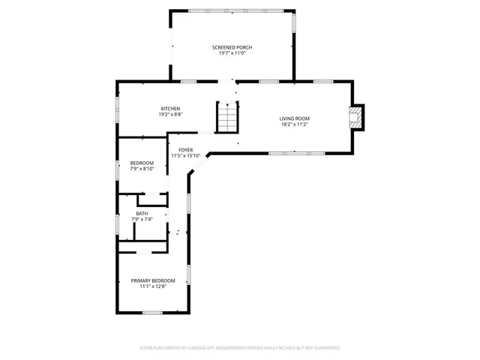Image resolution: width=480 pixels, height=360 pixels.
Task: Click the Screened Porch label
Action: [x=232, y=47]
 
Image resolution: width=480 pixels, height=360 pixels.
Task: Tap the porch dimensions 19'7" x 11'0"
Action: [x=232, y=53]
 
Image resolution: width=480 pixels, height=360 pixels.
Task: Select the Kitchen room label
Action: [x=171, y=109]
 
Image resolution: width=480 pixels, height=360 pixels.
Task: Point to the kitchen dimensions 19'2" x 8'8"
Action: [x=171, y=115]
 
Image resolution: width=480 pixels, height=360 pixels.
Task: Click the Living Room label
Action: [x=295, y=118]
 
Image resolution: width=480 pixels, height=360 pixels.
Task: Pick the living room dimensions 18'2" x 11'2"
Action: [x=295, y=124]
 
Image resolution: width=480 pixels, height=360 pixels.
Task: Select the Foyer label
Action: [x=185, y=150]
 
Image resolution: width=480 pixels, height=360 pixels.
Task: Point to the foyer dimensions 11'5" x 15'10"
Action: [x=185, y=156]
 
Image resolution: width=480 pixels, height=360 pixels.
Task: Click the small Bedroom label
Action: [x=142, y=163]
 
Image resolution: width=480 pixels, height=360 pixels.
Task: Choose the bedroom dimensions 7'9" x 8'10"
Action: [x=142, y=169]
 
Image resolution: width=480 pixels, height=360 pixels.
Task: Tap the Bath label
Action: [x=142, y=214]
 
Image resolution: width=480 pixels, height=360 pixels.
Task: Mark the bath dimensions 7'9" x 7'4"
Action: [x=142, y=220]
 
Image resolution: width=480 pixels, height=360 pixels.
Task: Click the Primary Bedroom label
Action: [x=153, y=280]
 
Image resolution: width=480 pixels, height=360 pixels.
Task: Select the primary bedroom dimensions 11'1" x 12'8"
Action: [x=153, y=286]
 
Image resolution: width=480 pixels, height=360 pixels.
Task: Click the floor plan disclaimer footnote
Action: [x=239, y=348]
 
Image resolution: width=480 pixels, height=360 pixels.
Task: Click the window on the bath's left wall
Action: [x=117, y=223]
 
